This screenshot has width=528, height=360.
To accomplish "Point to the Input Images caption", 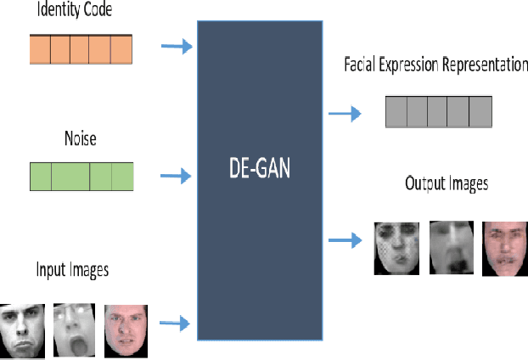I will pyautogui.click(x=72, y=270).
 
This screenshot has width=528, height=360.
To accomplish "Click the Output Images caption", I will pyautogui.click(x=447, y=183).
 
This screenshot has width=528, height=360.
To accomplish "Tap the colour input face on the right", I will pyautogui.click(x=126, y=329).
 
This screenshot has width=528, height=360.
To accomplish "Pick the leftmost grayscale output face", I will pyautogui.click(x=396, y=247).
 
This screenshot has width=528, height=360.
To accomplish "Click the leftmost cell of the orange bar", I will pyautogui.click(x=40, y=49).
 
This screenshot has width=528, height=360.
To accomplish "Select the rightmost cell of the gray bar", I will pyautogui.click(x=480, y=111).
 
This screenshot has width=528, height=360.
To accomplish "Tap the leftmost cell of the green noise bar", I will pyautogui.click(x=41, y=177).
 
